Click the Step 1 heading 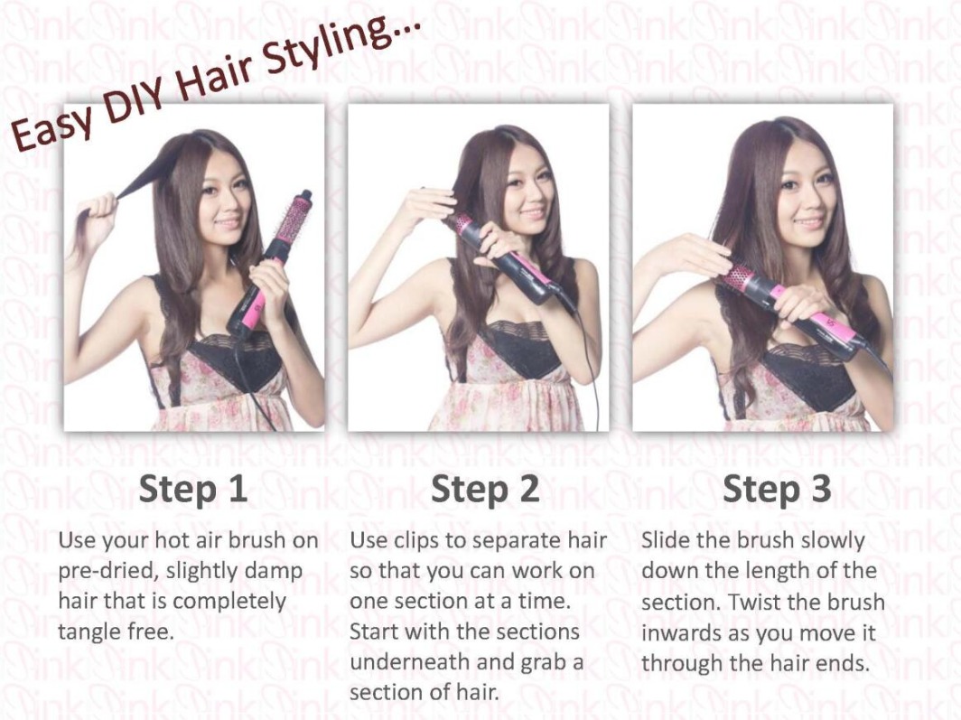pos(193,489)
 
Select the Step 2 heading pos(485,489)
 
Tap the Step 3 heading pos(777,489)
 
